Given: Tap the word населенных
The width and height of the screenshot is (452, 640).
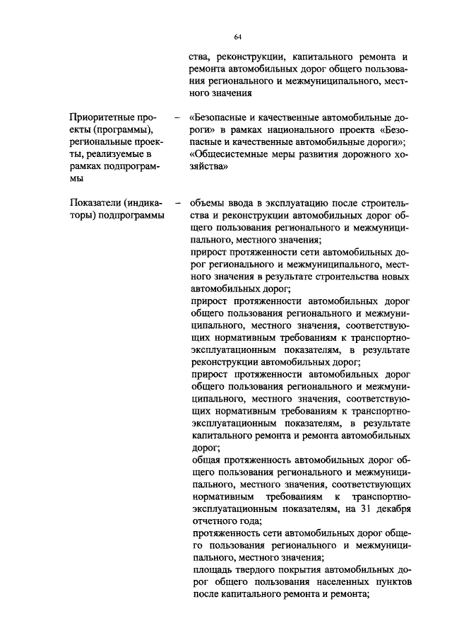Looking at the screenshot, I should click(324, 583).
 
